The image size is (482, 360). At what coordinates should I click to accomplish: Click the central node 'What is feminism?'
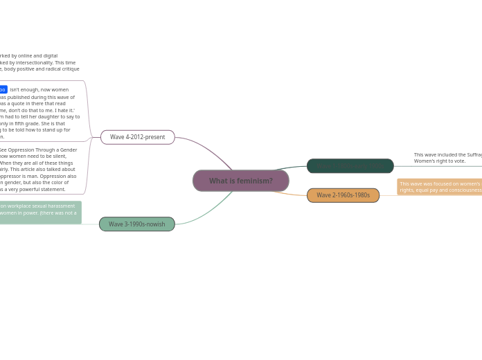click(240, 181)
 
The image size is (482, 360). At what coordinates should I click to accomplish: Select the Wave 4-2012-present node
click(137, 137)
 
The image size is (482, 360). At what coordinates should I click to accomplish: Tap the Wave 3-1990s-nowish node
click(136, 224)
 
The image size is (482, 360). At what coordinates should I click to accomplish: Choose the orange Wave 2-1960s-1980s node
click(343, 195)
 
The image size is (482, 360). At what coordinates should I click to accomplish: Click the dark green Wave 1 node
click(350, 166)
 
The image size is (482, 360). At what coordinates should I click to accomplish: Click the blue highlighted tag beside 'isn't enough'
click(3, 89)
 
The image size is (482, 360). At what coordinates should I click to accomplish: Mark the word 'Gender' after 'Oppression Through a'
click(69, 150)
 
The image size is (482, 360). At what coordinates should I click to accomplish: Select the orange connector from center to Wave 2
click(291, 193)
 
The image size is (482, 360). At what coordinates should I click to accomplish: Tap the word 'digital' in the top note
click(49, 55)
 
